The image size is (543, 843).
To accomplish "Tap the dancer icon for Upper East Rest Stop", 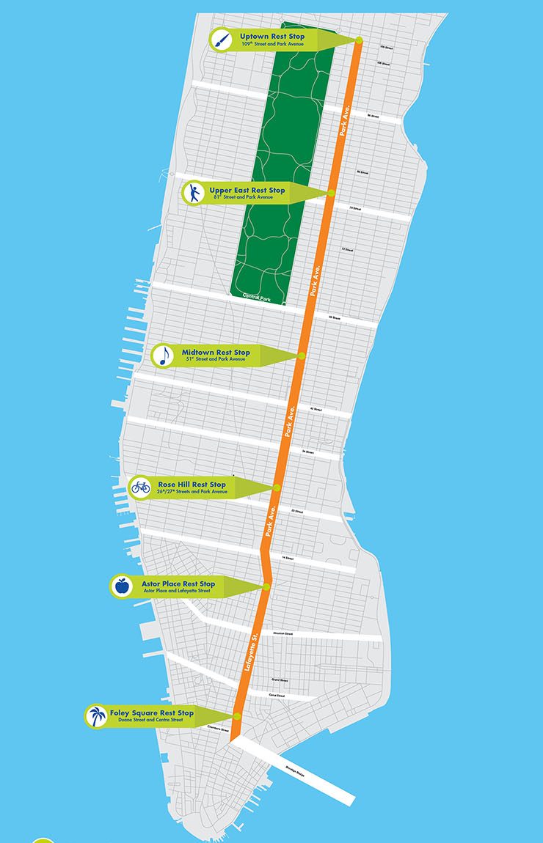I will point(193,194).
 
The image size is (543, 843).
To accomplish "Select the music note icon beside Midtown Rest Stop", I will point(163,356).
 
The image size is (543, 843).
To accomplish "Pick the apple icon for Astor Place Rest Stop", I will point(121,586).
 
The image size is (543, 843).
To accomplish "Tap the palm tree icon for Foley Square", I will point(95,716).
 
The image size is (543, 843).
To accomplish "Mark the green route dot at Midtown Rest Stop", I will point(302,356).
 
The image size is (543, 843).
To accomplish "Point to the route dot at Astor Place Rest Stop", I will point(267,586).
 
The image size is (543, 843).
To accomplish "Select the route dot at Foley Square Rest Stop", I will point(238,716).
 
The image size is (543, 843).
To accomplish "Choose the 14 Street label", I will point(288,559).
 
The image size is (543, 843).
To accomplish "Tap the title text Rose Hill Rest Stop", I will point(192,485).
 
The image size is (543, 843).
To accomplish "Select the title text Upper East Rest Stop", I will point(247,190).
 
